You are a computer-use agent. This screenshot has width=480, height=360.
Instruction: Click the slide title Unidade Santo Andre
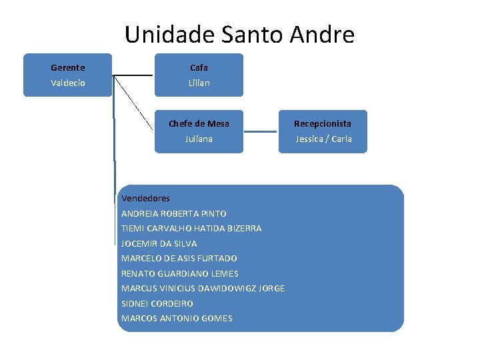pyautogui.click(x=239, y=34)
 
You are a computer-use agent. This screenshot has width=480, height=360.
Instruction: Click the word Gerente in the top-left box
pyautogui.click(x=67, y=67)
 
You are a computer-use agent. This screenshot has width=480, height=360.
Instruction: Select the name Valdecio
pyautogui.click(x=67, y=83)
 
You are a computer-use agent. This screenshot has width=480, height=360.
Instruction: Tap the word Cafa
pyautogui.click(x=199, y=67)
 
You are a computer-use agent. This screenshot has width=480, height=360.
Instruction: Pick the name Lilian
pyautogui.click(x=199, y=83)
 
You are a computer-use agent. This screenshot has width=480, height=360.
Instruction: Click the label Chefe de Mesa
pyautogui.click(x=199, y=123)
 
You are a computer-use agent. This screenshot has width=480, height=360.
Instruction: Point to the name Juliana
pyautogui.click(x=199, y=139)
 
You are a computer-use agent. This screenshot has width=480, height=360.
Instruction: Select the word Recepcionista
pyautogui.click(x=323, y=123)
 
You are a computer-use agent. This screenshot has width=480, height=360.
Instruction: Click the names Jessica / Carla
pyautogui.click(x=323, y=139)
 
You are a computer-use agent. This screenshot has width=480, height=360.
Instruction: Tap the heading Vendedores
pyautogui.click(x=145, y=198)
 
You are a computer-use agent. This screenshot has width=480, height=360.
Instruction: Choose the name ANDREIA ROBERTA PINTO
pyautogui.click(x=173, y=213)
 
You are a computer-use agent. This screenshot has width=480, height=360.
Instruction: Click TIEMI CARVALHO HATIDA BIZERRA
pyautogui.click(x=191, y=228)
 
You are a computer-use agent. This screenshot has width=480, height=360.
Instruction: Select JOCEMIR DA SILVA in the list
pyautogui.click(x=159, y=243)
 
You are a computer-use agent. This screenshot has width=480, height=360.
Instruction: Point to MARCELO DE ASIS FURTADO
pyautogui.click(x=179, y=258)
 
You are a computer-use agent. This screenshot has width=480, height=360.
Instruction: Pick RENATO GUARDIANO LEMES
pyautogui.click(x=179, y=273)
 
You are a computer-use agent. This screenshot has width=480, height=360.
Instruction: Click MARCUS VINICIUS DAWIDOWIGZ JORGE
pyautogui.click(x=203, y=288)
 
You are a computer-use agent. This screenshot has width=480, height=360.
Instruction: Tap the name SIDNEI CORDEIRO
pyautogui.click(x=157, y=303)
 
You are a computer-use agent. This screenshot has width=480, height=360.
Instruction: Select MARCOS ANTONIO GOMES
pyautogui.click(x=177, y=318)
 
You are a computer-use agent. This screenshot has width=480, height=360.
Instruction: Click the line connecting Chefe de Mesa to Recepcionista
pyautogui.click(x=261, y=132)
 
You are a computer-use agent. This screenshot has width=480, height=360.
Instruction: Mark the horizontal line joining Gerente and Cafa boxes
pyautogui.click(x=133, y=75)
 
